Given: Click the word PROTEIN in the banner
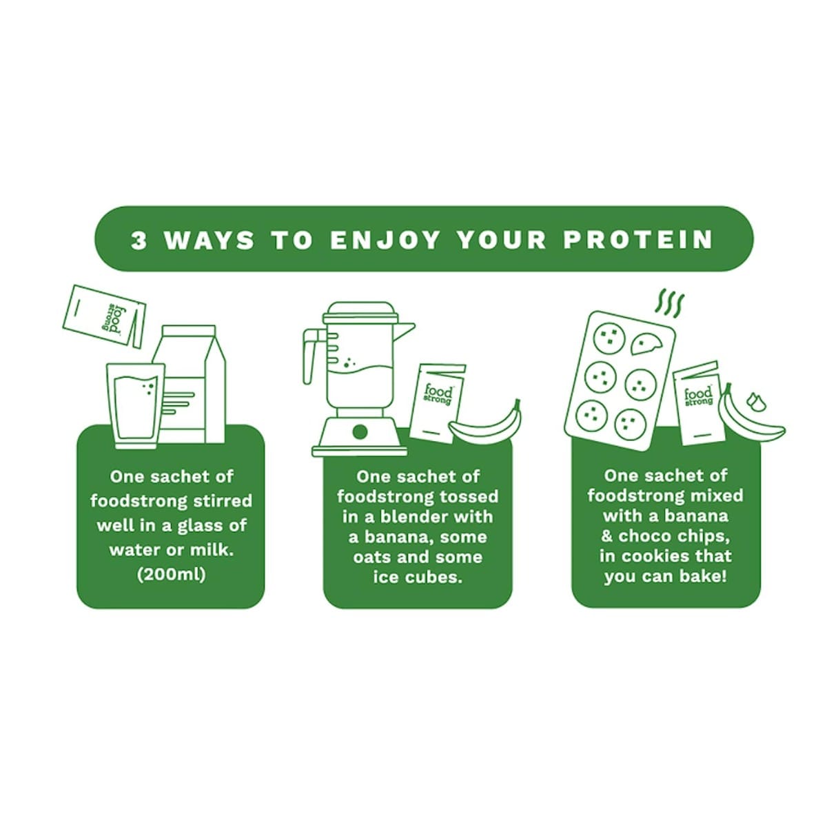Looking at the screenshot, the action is coord(637,240).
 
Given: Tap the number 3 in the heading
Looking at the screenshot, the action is coord(139,241).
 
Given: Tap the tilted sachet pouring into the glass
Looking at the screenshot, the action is coord(104,316).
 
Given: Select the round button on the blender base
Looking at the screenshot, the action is coord(360,431).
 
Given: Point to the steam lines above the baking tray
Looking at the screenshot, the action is coord(670,303).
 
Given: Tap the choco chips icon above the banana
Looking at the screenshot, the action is coord(756,401).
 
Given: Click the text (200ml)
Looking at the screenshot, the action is coord(171,575).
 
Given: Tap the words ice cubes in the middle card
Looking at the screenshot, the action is coord(418,578).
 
